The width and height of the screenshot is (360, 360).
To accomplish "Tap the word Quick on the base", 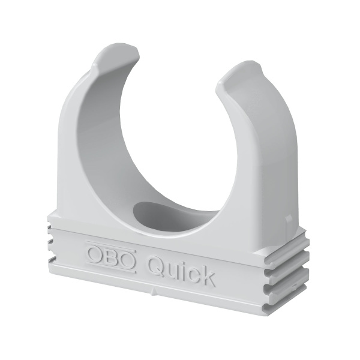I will click(x=180, y=268).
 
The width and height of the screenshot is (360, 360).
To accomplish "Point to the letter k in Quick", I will click(x=206, y=275).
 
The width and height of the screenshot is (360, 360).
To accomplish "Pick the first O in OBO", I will click(x=96, y=251).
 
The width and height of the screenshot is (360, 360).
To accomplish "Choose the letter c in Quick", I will click(x=192, y=272).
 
